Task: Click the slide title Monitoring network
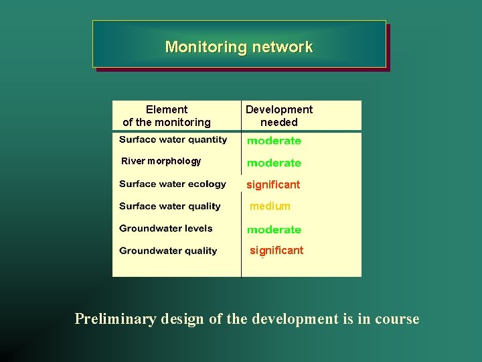click(238, 47)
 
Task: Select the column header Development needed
click(278, 115)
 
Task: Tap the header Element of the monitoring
click(167, 115)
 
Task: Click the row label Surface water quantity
click(173, 139)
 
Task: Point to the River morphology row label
click(161, 161)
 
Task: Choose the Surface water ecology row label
click(173, 184)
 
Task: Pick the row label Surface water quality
click(169, 206)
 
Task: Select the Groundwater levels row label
click(166, 228)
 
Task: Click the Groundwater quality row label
click(168, 251)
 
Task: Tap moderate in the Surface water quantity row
click(274, 141)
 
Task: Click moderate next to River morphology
click(274, 163)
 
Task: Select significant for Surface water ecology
click(273, 184)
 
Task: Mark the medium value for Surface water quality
click(270, 206)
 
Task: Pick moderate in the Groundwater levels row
click(274, 229)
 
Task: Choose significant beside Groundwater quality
click(276, 250)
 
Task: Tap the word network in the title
click(282, 47)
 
